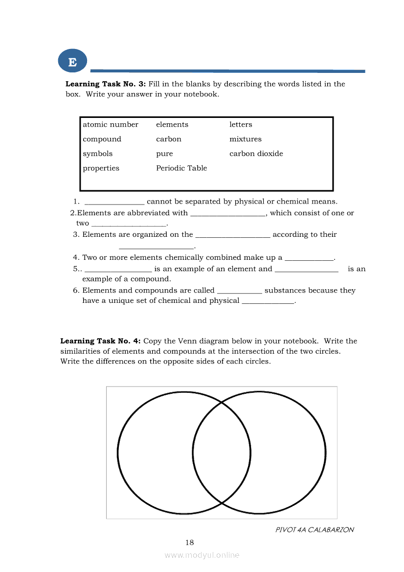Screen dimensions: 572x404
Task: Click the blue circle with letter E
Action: pyautogui.click(x=72, y=62)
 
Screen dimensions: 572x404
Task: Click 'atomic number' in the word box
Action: pyautogui.click(x=111, y=125)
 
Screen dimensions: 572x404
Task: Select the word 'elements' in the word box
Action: pyautogui.click(x=172, y=125)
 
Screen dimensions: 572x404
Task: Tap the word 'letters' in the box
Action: pyautogui.click(x=241, y=125)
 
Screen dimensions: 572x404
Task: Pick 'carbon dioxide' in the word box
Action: pyautogui.click(x=256, y=154)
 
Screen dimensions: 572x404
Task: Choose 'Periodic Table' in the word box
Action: pyautogui.click(x=181, y=168)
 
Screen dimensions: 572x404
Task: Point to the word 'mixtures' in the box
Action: pyautogui.click(x=246, y=139)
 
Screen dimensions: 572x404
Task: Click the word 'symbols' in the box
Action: pyautogui.click(x=98, y=154)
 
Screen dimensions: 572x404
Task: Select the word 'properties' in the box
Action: pyautogui.click(x=101, y=168)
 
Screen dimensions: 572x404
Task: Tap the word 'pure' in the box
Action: pyautogui.click(x=164, y=154)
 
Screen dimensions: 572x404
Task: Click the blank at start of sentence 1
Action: pyautogui.click(x=114, y=203)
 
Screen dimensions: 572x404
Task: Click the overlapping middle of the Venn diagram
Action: pyautogui.click(x=222, y=453)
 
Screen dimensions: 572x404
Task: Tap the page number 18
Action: pyautogui.click(x=190, y=542)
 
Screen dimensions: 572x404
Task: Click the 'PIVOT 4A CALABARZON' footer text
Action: pyautogui.click(x=314, y=529)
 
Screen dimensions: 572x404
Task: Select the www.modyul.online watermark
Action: pyautogui.click(x=202, y=555)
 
